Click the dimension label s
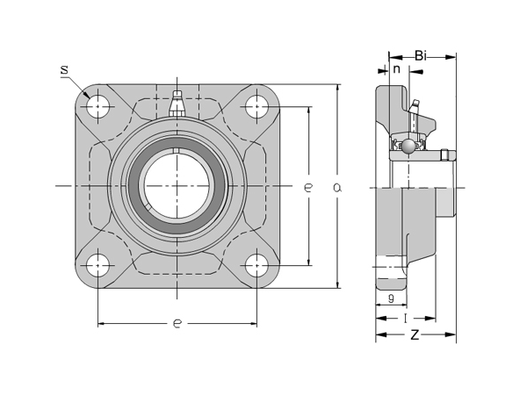pos(65,69)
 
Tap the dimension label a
pos(337,186)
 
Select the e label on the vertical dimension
pos(307,186)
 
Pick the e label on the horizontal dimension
pos(177,324)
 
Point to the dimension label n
pos(396,69)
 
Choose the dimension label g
pos(389,298)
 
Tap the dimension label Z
pos(415,335)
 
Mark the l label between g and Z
pos(405,318)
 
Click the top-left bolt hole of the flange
pos(97,107)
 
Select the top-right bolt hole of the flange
pos(256,107)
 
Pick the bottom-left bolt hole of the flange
pos(97,265)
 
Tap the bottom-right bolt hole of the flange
pos(256,265)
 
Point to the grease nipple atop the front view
pos(177,104)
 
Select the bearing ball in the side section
pos(408,146)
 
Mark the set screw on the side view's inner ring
pos(444,156)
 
